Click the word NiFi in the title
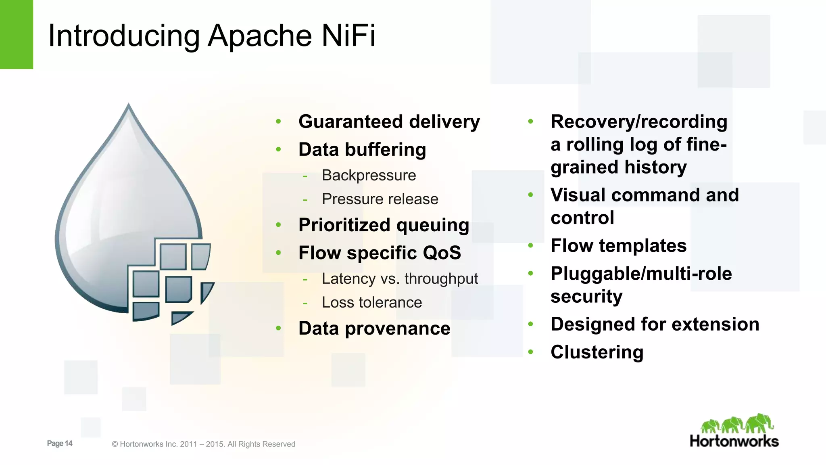[348, 36]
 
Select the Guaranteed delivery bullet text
[389, 122]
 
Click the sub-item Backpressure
[369, 176]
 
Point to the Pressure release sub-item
[380, 199]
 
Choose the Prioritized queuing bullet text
[384, 225]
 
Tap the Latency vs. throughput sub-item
[399, 279]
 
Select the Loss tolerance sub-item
[371, 302]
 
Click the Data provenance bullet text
[374, 329]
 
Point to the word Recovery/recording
[638, 122]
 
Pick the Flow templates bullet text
[618, 246]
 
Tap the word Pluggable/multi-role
[641, 274]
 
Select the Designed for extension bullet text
[655, 325]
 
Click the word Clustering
[597, 352]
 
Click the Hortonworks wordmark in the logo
[734, 441]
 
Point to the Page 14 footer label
[60, 444]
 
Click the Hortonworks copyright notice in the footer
[203, 444]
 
